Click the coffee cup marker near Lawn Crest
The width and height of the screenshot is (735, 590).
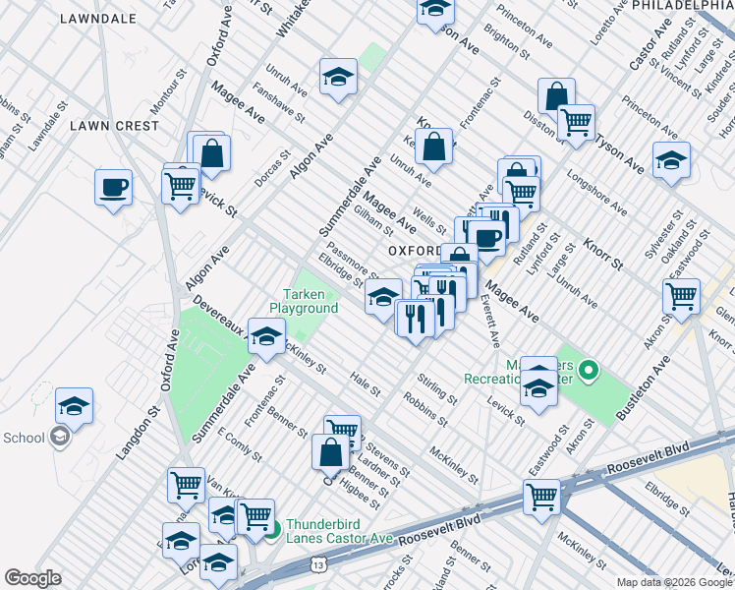pos(114,187)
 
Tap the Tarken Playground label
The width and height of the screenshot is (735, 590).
pos(311,301)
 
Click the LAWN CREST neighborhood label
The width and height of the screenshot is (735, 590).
pos(114,126)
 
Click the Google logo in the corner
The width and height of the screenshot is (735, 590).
pos(32,578)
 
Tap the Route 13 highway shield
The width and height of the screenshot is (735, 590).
pos(316,564)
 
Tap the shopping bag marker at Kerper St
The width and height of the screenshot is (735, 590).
pos(433,147)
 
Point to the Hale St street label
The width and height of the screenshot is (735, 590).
pos(365,384)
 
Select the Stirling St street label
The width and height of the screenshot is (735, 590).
pos(437,387)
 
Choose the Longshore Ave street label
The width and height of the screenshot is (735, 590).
pos(597,190)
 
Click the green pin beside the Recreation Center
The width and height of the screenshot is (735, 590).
pos(589,371)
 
